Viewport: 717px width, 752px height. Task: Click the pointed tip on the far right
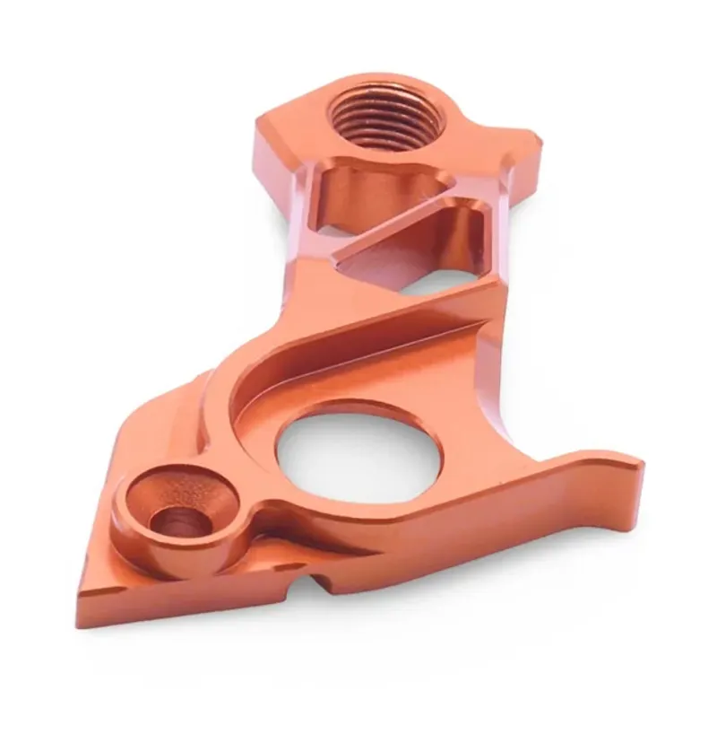(637, 466)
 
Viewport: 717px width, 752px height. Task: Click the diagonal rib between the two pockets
(394, 229)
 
